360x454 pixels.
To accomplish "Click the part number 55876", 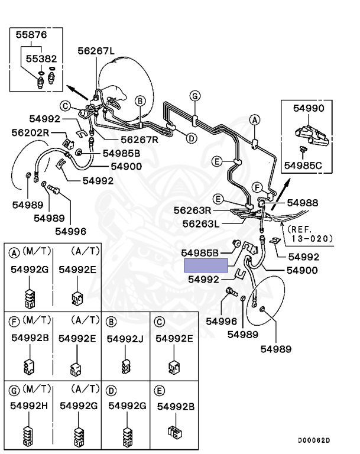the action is pyautogui.click(x=31, y=35).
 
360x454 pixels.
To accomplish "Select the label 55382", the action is pyautogui.click(x=41, y=59).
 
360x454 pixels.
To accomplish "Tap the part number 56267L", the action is pyautogui.click(x=96, y=51).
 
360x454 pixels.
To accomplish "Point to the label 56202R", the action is pyautogui.click(x=30, y=132).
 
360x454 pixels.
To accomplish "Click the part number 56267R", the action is pyautogui.click(x=140, y=140).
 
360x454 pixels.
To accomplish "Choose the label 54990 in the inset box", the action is pyautogui.click(x=309, y=108).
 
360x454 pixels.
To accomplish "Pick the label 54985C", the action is pyautogui.click(x=303, y=166).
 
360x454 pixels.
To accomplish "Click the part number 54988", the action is pyautogui.click(x=303, y=203).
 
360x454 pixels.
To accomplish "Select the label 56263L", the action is pyautogui.click(x=201, y=224).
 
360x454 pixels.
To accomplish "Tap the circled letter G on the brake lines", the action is pyautogui.click(x=195, y=96).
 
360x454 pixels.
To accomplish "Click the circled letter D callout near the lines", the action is pyautogui.click(x=191, y=138).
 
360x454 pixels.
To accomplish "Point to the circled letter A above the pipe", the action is pyautogui.click(x=255, y=120).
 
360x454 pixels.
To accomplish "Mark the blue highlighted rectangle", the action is pyautogui.click(x=206, y=265).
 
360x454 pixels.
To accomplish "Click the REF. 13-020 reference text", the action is pyautogui.click(x=310, y=234).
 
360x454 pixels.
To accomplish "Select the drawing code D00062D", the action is pyautogui.click(x=314, y=440).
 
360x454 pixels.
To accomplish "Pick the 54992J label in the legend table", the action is pyautogui.click(x=125, y=339).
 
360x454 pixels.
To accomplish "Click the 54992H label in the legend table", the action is pyautogui.click(x=29, y=406).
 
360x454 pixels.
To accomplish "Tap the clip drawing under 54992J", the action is pyautogui.click(x=125, y=366).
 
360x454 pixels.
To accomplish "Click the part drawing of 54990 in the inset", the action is pyautogui.click(x=312, y=135).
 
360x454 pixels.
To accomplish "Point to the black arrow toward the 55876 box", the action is pyautogui.click(x=77, y=92).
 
